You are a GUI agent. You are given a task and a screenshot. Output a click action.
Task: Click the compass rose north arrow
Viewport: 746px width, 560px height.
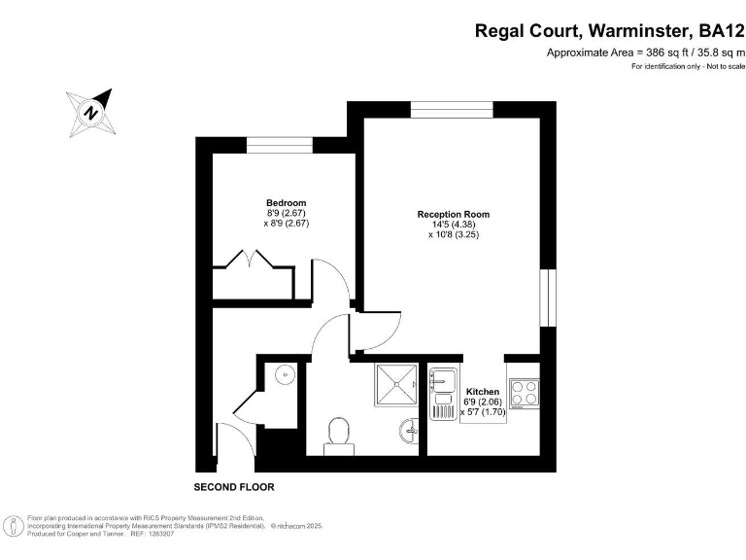point(91,111)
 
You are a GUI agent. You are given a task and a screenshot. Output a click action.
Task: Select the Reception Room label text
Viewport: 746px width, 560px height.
point(453,214)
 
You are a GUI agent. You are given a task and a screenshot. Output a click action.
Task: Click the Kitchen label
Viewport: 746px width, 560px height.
point(483,392)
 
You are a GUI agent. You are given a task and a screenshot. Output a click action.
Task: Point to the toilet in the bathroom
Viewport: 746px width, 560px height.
point(339,433)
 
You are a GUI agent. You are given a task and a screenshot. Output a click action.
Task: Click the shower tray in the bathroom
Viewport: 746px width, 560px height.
point(393,386)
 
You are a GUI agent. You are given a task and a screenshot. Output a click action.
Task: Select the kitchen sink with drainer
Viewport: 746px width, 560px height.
point(444,392)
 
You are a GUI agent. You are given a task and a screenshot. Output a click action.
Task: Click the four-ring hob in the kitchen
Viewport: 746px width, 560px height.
point(525,392)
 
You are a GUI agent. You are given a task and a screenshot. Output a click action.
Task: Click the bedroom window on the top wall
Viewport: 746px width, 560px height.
point(279,145)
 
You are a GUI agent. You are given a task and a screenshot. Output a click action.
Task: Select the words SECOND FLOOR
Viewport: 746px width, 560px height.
point(234,485)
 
